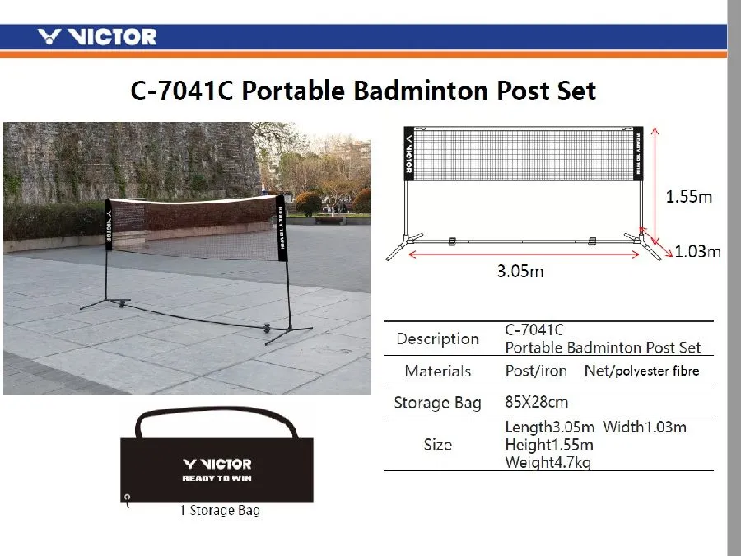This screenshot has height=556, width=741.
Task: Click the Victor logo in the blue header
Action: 97,36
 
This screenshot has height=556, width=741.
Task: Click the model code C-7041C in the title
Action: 181,91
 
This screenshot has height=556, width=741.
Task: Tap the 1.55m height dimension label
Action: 688,196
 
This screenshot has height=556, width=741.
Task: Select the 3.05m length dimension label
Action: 520,271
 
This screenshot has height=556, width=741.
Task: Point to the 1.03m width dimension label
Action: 697,251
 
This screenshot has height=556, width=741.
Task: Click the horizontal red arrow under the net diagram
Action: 524,255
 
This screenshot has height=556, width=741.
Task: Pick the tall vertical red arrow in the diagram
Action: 655,186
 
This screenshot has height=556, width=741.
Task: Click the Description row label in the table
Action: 438,339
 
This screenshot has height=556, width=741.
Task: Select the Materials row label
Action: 438,371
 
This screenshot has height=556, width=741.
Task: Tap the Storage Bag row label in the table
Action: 438,402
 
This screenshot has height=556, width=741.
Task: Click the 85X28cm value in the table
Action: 536,402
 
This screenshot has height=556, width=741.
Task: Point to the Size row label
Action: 438,445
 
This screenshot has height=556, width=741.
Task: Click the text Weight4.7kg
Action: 548,462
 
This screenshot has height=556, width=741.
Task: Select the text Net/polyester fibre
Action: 641,371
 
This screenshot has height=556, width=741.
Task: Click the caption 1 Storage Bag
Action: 220,510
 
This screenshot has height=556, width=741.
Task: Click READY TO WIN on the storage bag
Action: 217,479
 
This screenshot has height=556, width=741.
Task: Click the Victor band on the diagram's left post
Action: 409,154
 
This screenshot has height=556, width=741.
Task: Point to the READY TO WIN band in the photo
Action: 282,228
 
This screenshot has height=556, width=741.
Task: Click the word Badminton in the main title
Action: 421,91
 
